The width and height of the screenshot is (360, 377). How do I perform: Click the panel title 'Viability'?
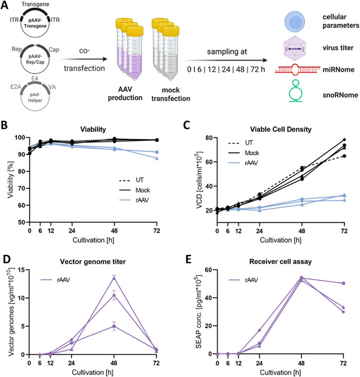pos(93,129)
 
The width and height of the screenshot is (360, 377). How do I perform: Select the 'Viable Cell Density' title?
pos(280,129)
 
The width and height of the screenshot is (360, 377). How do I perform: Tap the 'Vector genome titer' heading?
pos(93,262)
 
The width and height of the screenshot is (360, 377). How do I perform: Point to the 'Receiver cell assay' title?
pos(280,262)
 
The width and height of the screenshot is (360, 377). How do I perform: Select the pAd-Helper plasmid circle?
pos(35,111)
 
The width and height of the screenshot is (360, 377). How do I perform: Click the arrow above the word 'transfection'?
pos(84,59)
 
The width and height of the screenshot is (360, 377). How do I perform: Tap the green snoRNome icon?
pos(295,91)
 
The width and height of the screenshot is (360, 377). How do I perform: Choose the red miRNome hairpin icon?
pos(298,69)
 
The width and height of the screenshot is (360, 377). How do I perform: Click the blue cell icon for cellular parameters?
pos(295,22)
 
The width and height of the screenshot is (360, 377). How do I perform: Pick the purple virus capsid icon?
pos(294,48)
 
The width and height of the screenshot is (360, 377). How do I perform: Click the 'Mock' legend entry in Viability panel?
pos(135,190)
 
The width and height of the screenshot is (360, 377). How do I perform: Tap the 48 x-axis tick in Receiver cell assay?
pos(301,363)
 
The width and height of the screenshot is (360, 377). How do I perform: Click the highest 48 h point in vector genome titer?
pos(114,278)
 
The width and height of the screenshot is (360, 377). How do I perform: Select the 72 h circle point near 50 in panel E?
pos(344,283)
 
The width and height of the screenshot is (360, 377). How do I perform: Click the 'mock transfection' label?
pos(170,95)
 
